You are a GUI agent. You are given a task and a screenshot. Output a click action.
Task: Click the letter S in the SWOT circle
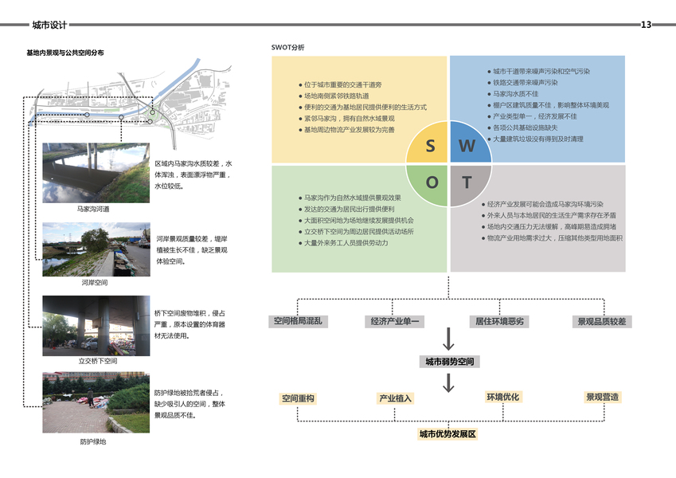pyautogui.click(x=431, y=146)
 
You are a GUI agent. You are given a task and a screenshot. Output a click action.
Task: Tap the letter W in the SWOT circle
pyautogui.click(x=467, y=146)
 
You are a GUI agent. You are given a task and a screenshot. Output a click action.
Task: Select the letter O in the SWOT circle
pyautogui.click(x=432, y=182)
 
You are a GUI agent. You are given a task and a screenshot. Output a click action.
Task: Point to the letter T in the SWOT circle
pyautogui.click(x=467, y=182)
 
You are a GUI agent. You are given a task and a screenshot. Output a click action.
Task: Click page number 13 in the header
pyautogui.click(x=646, y=25)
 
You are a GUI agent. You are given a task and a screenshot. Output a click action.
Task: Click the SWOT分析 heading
pyautogui.click(x=287, y=47)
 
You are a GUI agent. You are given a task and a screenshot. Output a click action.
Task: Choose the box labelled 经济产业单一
pyautogui.click(x=396, y=322)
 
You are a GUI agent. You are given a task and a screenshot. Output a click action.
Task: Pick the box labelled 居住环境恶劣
pyautogui.click(x=499, y=322)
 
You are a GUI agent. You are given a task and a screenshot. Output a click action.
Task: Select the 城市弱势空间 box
pyautogui.click(x=448, y=362)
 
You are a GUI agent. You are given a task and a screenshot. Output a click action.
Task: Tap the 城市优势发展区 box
pyautogui.click(x=447, y=434)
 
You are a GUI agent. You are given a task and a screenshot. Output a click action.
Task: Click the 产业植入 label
pyautogui.click(x=395, y=398)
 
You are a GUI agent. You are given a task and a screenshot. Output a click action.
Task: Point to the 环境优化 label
pyautogui.click(x=502, y=397)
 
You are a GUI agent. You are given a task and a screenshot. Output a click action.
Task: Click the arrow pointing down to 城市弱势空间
pyautogui.click(x=448, y=341)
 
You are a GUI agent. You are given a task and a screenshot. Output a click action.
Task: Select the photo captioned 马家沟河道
pyautogui.click(x=96, y=174)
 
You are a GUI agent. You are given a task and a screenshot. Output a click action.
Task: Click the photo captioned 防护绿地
pyautogui.click(x=96, y=403)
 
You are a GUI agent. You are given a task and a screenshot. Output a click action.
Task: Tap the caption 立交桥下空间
pyautogui.click(x=96, y=361)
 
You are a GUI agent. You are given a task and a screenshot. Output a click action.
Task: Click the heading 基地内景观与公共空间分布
pyautogui.click(x=64, y=53)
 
